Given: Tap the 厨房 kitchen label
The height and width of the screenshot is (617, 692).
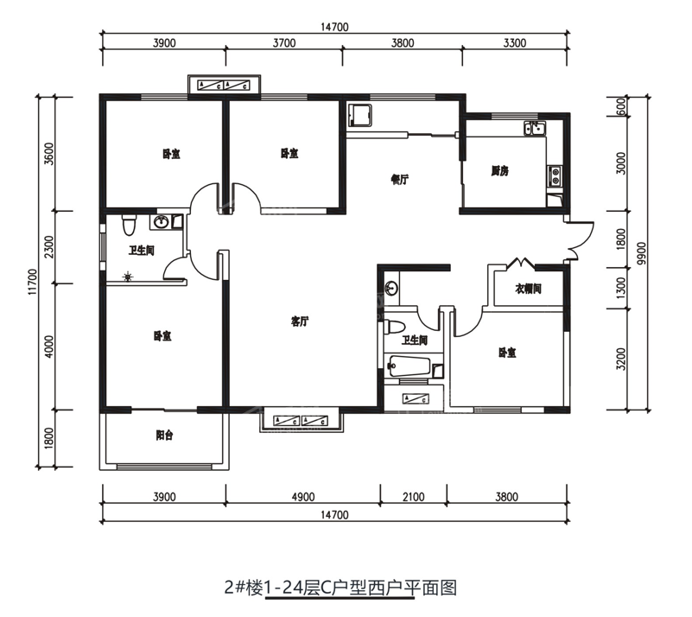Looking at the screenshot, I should pos(499,171).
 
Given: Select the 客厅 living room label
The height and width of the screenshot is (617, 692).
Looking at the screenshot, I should pos(300,321).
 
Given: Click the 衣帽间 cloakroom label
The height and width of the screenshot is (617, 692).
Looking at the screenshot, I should pos(528,289).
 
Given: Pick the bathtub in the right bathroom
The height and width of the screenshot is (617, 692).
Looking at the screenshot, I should pos(411,367).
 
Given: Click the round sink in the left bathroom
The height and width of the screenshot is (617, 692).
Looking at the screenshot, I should pos(161,223).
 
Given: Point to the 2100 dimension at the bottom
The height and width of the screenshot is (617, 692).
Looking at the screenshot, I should pos(414,497).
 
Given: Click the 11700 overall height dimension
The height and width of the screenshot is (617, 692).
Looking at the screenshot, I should pos(32,283).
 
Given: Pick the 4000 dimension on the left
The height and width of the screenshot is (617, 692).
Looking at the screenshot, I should pos(49,346).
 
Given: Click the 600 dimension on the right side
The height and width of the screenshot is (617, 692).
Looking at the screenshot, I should pos(621,107).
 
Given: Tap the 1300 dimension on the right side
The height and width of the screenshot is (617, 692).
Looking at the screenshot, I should pos(621,286).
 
